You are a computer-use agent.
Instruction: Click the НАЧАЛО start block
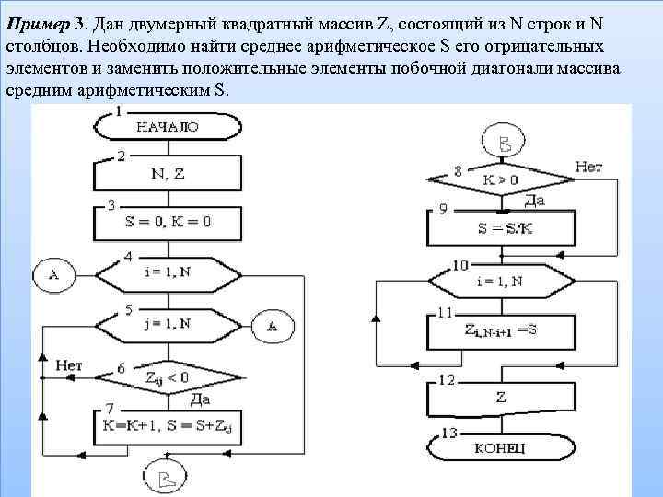coord(167,127)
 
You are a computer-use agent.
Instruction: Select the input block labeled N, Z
coord(167,172)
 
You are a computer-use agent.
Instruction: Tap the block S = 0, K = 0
coord(167,222)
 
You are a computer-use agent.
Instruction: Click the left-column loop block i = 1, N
coord(167,272)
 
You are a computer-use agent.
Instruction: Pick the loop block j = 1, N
coord(167,324)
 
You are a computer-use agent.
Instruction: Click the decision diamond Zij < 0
coord(167,376)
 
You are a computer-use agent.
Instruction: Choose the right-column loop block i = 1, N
coord(501,281)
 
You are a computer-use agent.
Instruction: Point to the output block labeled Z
coord(501,398)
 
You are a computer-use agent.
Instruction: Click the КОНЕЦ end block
coord(501,447)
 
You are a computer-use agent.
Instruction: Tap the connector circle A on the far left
coord(53,273)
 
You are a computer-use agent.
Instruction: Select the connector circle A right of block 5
coord(273,325)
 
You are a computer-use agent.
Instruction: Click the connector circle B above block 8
coord(504,144)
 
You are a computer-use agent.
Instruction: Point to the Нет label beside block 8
coord(588,167)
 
